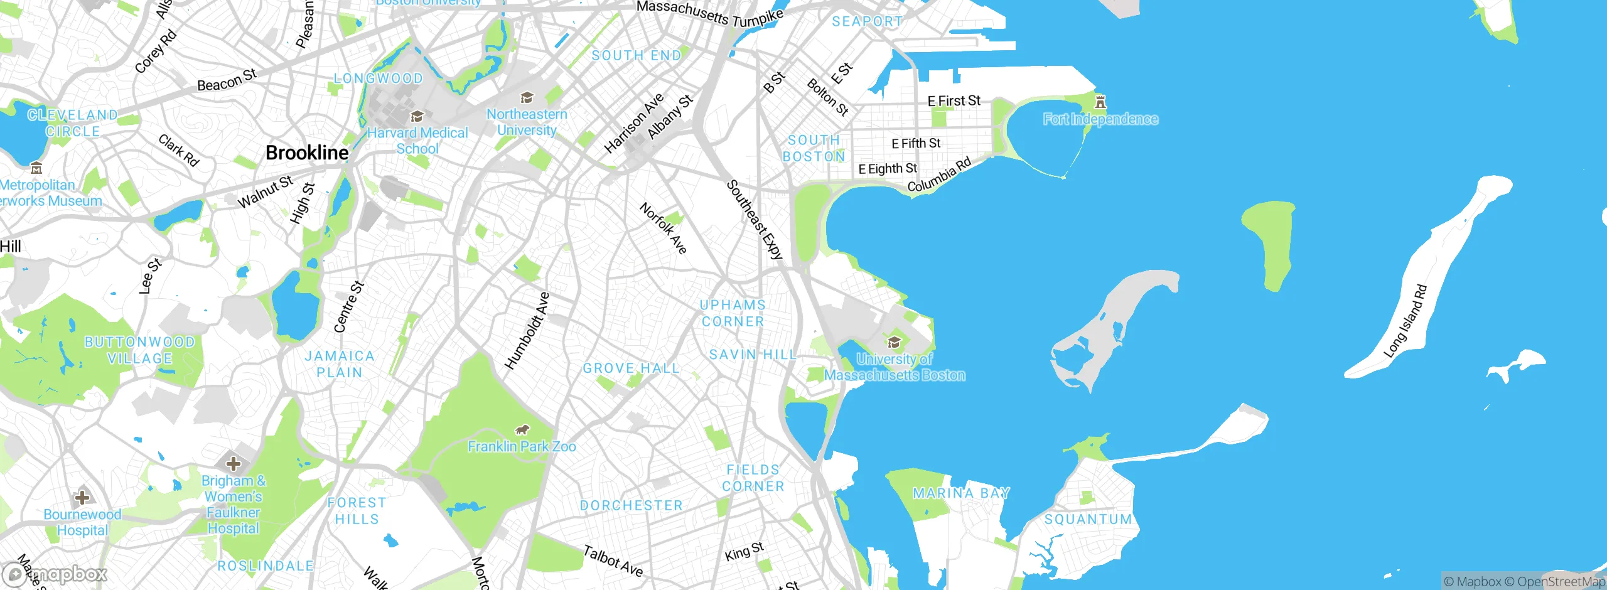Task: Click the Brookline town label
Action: pyautogui.click(x=307, y=153)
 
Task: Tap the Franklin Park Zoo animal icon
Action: pyautogui.click(x=522, y=430)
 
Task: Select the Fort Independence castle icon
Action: pyautogui.click(x=1100, y=102)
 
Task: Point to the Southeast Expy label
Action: pyautogui.click(x=755, y=220)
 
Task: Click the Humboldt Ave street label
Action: pyautogui.click(x=527, y=330)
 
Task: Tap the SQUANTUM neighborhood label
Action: pyautogui.click(x=1088, y=520)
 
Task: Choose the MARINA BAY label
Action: pyautogui.click(x=961, y=493)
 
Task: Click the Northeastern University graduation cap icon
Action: pyautogui.click(x=527, y=97)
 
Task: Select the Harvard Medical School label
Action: pyautogui.click(x=417, y=141)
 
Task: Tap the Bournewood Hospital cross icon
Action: pyautogui.click(x=82, y=498)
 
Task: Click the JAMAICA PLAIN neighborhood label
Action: pyautogui.click(x=340, y=364)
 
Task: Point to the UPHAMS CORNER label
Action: pyautogui.click(x=733, y=313)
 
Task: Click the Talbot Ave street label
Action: pyautogui.click(x=613, y=561)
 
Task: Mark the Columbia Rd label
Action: pyautogui.click(x=939, y=174)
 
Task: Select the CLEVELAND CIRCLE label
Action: pyautogui.click(x=72, y=123)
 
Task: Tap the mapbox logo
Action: pyautogui.click(x=55, y=574)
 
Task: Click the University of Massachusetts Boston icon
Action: pyautogui.click(x=894, y=342)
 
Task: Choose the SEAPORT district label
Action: pyautogui.click(x=867, y=21)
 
